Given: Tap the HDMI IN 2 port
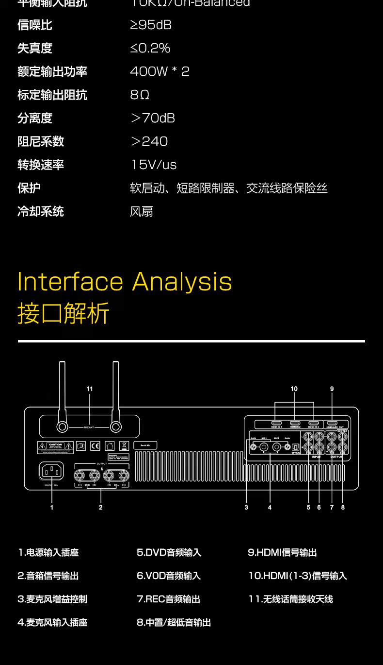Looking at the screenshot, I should click(295, 424).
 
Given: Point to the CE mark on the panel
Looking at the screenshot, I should click(95, 445).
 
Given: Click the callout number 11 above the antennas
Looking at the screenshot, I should click(90, 389).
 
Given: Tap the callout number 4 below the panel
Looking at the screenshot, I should click(270, 508).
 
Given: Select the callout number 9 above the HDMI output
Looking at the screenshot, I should click(332, 389).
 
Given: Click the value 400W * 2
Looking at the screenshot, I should click(160, 71).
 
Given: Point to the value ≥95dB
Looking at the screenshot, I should click(151, 25).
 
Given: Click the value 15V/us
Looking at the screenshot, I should click(154, 165).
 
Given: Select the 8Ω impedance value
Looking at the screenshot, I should click(140, 95).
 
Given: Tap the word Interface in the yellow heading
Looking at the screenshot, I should click(70, 282).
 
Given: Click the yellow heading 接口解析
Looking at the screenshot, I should click(64, 313).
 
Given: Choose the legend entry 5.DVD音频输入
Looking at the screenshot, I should click(169, 553).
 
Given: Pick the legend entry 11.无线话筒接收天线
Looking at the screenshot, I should click(290, 599).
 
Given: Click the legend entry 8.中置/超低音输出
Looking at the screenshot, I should click(174, 623).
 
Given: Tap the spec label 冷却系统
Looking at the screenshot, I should click(41, 211).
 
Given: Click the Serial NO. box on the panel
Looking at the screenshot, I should click(145, 445).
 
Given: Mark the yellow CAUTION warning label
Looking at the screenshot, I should click(55, 445).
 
